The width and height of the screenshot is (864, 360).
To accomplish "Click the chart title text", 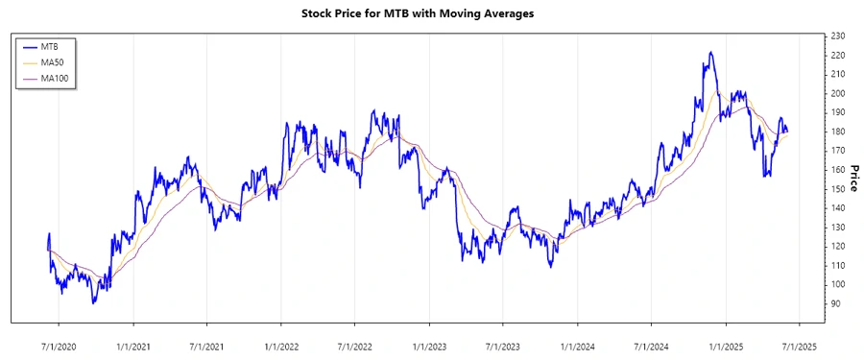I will coord(432,14).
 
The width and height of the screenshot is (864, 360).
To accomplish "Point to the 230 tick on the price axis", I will coord(838,36).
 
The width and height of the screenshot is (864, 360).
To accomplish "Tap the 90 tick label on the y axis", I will coord(836,303).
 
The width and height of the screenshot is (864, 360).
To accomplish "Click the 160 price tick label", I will coord(838,170).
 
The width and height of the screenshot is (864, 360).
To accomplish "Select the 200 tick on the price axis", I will coord(838,93).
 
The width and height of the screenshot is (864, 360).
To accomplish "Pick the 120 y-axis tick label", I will coord(838,246).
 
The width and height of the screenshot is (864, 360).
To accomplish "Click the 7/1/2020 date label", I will coord(60,345).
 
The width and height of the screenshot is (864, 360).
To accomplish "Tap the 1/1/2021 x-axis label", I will coord(134,345).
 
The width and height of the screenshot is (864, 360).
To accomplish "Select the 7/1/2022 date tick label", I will coord(355,345).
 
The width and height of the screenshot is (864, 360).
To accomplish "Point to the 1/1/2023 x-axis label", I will coord(429,345).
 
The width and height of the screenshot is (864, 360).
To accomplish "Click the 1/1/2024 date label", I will coord(577,345).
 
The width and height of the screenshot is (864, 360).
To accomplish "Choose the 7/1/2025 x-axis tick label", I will coord(798,345).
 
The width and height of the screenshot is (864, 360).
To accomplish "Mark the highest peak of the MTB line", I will coord(710,52).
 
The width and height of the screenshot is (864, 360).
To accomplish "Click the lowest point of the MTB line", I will coord(93,303).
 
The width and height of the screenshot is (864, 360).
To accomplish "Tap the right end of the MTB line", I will coord(788,132).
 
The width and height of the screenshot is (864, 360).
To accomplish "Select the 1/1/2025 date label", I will coord(725,345).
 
